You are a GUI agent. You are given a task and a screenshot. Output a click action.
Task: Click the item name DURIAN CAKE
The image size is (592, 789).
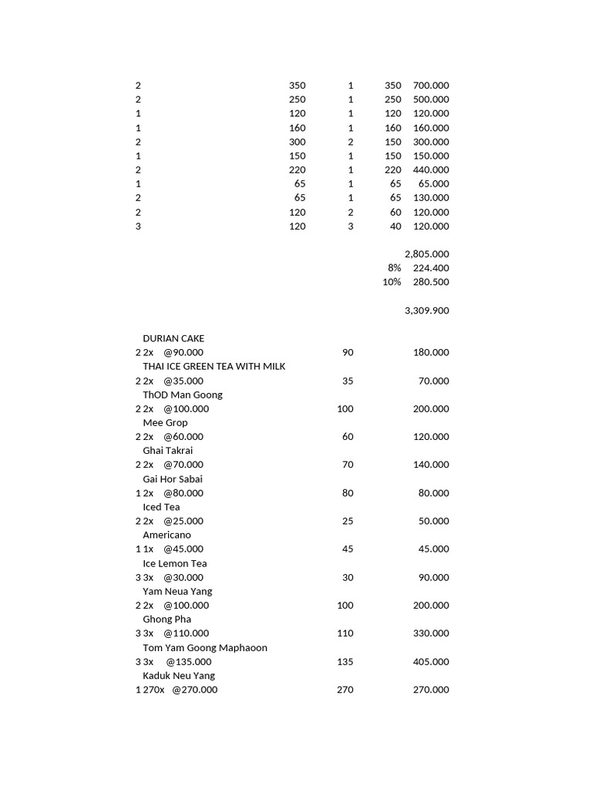point(173,338)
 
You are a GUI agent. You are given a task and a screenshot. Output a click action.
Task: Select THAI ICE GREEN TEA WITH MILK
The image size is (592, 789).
point(214,366)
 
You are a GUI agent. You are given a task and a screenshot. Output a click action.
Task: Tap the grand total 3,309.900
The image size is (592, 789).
point(426,311)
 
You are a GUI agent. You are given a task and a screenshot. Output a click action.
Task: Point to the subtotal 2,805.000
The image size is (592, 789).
point(426,254)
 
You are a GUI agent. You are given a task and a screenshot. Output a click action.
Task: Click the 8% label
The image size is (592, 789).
point(395,268)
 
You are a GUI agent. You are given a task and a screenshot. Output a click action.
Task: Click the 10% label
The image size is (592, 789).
point(392,282)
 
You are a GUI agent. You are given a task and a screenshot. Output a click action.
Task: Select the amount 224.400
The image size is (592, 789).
point(431,268)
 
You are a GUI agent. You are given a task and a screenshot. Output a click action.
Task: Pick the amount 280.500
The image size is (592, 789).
point(431,282)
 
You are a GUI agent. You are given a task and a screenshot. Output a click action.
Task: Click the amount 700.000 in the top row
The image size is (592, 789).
point(431,86)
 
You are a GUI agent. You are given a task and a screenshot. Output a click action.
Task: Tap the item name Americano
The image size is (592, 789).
point(166,535)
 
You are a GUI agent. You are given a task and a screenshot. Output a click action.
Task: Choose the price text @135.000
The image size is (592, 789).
point(189,662)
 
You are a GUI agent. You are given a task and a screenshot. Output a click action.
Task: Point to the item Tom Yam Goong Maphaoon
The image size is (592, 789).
point(205,648)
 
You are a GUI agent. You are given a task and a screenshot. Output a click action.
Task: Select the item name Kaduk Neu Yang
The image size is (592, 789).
point(179,676)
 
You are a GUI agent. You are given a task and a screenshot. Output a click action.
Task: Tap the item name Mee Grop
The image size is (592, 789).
point(165,422)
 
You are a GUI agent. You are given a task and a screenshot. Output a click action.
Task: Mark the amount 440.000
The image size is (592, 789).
point(431,170)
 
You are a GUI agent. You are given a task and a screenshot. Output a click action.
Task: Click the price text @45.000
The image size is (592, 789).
point(183,549)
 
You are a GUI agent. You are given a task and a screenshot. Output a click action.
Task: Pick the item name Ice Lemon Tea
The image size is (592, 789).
point(174,563)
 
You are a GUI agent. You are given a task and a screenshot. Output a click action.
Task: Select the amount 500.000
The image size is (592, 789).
point(431,99)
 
